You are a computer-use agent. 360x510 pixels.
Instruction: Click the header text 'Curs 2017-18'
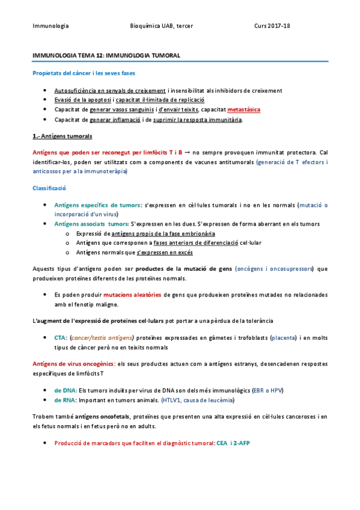272,26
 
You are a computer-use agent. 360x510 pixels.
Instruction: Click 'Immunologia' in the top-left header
50,26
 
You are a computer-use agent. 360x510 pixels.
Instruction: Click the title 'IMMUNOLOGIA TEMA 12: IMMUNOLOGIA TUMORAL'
106,55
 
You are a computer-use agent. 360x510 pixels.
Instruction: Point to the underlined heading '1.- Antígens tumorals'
63,137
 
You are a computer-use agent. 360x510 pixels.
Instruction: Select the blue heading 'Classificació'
49,188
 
